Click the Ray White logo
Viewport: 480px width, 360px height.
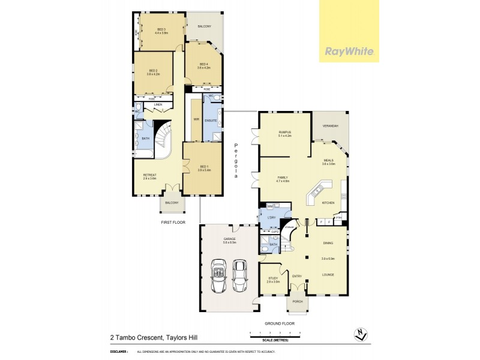coord(350,51)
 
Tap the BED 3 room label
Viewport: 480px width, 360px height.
coord(161,29)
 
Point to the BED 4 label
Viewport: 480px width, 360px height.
coord(203,65)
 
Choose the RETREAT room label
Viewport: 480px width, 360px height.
coord(149,175)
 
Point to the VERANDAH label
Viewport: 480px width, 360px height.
coord(331,125)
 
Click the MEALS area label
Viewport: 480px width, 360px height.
coord(328,161)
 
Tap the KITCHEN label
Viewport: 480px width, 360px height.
coord(328,203)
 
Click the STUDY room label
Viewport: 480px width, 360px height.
coord(273,278)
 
